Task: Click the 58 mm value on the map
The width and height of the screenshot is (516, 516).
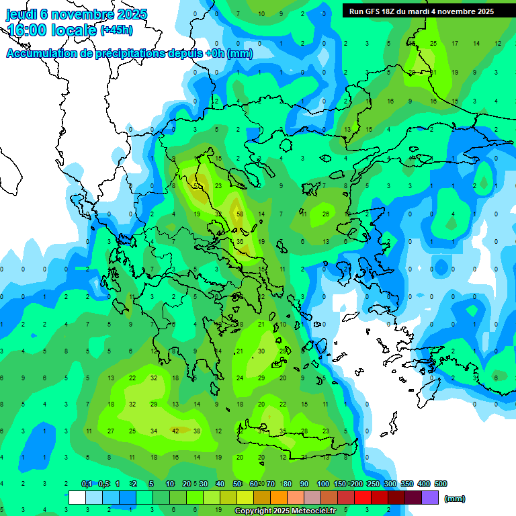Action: (x=240, y=214)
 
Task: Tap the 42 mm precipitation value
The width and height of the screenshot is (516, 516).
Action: (x=175, y=431)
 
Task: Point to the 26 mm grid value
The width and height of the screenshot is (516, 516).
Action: (x=326, y=214)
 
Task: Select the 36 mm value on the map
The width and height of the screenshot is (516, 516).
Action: (x=240, y=242)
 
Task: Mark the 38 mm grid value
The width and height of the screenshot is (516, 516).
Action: (x=197, y=431)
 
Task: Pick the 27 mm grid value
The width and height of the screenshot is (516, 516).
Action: (x=111, y=431)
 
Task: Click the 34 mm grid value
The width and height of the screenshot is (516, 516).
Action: (x=154, y=431)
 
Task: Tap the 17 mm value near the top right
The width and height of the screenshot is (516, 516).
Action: (x=455, y=44)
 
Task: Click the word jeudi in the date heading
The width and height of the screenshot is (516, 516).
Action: (x=21, y=14)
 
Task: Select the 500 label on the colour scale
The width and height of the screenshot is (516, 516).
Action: (x=441, y=484)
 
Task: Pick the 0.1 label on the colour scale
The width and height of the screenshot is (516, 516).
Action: (x=87, y=484)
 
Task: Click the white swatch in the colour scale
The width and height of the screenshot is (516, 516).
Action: (x=77, y=498)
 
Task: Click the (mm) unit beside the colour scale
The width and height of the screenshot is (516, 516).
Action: (x=455, y=499)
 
